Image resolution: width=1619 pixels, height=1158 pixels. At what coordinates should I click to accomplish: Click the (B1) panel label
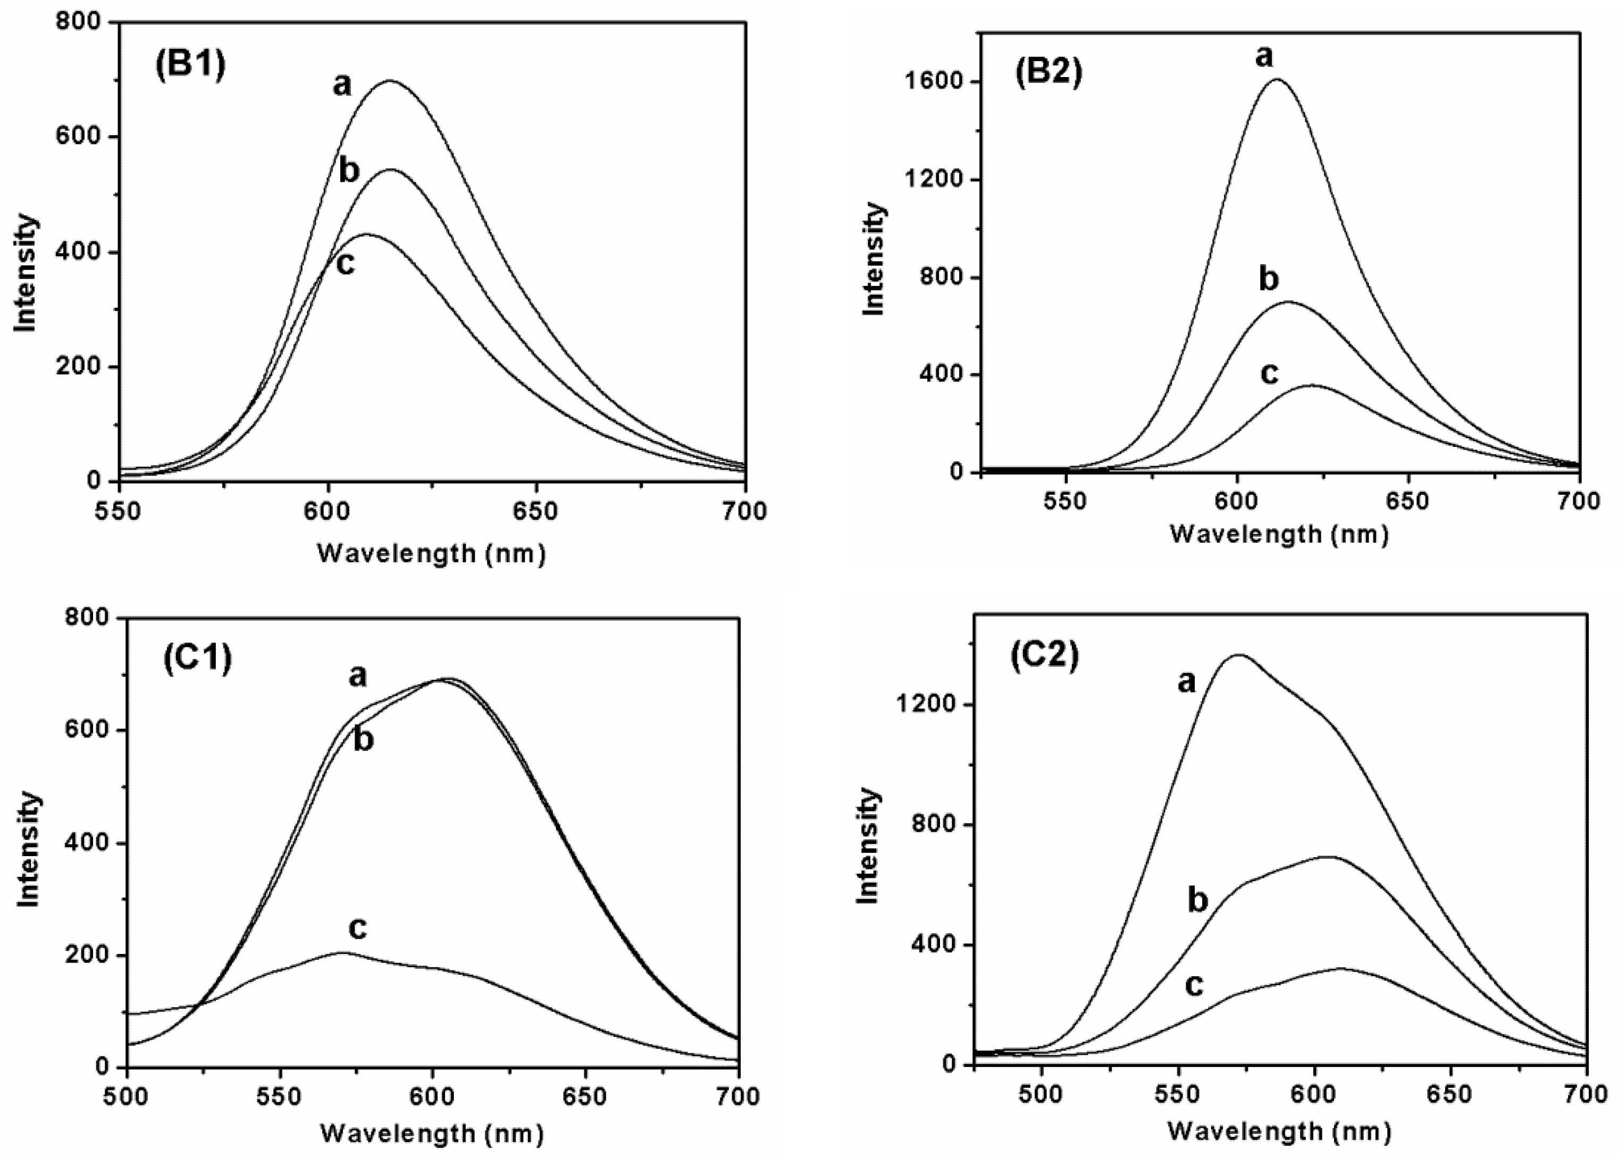point(190,65)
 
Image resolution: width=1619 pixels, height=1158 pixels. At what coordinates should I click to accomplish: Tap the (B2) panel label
point(1048,73)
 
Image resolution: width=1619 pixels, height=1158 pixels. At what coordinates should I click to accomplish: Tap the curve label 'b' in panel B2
point(1269,279)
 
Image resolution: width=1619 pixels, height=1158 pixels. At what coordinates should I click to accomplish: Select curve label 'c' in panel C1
point(357,928)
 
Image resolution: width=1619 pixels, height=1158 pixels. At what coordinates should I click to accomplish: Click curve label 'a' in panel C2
point(1185,683)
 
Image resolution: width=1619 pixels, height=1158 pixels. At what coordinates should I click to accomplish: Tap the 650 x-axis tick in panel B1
point(535,511)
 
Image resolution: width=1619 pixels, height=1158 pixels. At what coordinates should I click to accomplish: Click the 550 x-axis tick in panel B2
point(1065,501)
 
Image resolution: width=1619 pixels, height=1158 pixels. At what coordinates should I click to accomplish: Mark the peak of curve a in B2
point(1277,79)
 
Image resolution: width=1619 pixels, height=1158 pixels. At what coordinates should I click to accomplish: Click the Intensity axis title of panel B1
point(26,273)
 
